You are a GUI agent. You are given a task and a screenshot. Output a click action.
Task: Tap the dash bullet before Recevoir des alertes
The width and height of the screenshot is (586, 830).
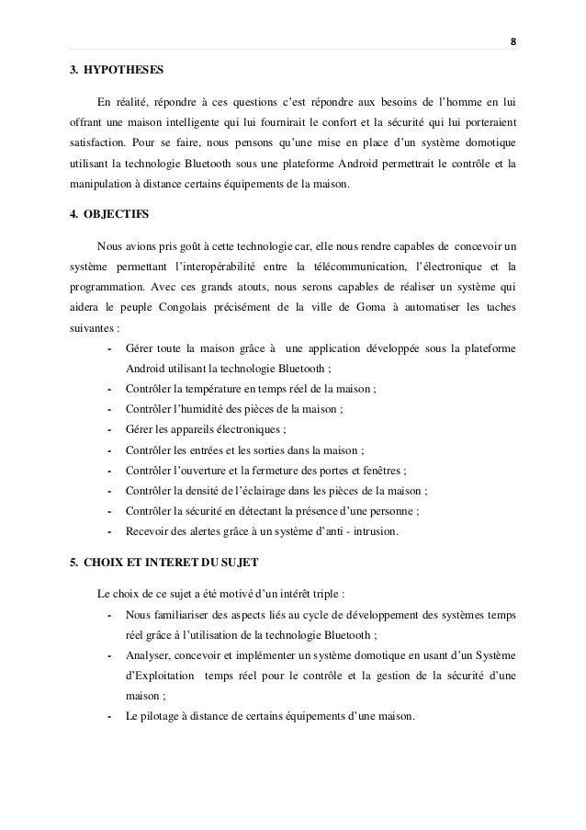pyautogui.click(x=110, y=530)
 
